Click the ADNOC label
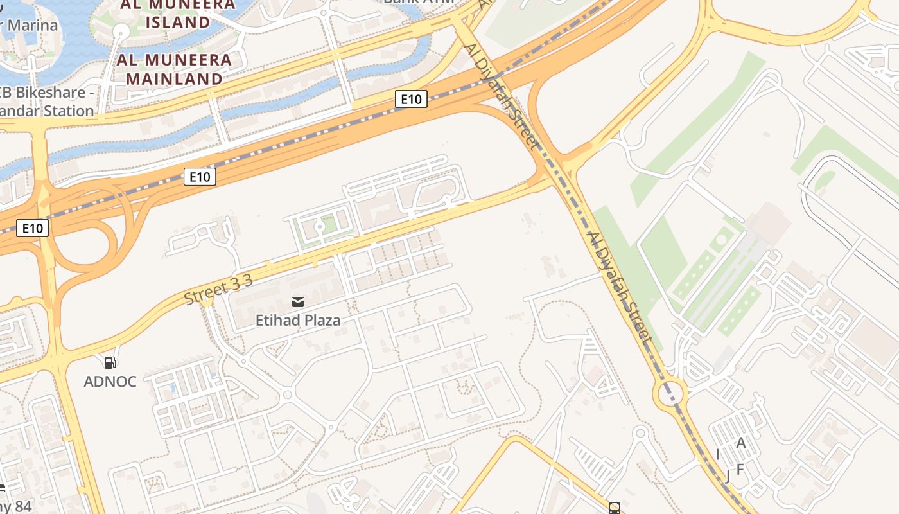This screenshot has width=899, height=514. click(110, 382)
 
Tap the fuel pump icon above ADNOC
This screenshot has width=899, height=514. click(110, 363)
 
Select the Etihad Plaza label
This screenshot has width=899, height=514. click(298, 319)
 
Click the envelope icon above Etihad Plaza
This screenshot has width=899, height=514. click(298, 301)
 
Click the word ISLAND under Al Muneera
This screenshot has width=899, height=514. click(178, 22)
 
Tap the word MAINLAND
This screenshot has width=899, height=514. click(174, 79)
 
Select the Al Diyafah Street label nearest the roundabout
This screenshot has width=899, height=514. click(620, 289)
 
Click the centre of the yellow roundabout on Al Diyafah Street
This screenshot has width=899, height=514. click(670, 391)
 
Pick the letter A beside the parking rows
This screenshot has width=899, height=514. click(741, 443)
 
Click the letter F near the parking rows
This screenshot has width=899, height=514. click(740, 470)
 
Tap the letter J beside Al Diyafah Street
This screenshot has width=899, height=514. click(728, 476)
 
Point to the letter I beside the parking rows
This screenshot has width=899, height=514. click(717, 455)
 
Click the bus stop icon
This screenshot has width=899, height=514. click(615, 508)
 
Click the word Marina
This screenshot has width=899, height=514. click(32, 26)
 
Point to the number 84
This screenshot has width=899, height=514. click(21, 506)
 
